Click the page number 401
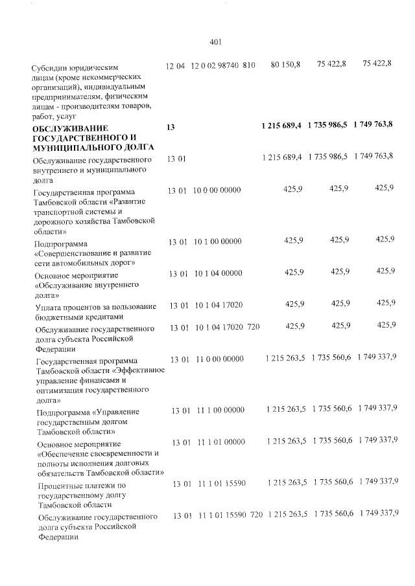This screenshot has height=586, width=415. (217, 42)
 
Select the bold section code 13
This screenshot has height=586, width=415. (171, 128)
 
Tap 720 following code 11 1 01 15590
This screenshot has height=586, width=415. (256, 514)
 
